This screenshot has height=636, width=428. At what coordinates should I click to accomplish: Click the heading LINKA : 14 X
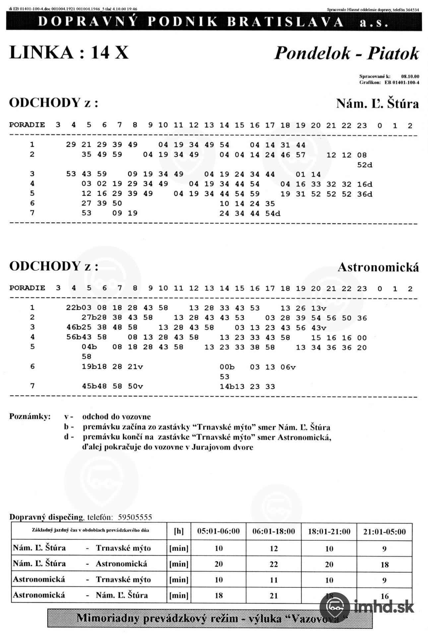click(x=69, y=52)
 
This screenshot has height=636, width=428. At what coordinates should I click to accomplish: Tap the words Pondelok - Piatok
click(x=346, y=53)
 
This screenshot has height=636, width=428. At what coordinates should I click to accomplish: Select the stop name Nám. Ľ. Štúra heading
click(x=377, y=104)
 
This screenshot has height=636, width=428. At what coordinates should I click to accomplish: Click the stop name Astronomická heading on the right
click(x=378, y=267)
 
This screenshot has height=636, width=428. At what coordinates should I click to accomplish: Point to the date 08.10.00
click(x=410, y=77)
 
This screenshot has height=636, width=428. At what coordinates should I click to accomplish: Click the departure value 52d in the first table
click(x=365, y=165)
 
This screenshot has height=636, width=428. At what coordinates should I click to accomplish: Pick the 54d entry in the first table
click(x=273, y=213)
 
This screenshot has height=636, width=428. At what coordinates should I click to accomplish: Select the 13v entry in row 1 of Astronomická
click(x=319, y=308)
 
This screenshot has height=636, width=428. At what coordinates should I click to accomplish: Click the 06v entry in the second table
click(x=288, y=367)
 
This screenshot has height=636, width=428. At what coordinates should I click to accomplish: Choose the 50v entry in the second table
click(x=135, y=386)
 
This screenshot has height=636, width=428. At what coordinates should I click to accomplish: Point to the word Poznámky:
click(x=30, y=416)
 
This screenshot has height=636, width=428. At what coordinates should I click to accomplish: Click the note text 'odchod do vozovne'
click(x=116, y=417)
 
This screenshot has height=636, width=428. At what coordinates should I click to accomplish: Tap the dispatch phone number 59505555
click(x=135, y=517)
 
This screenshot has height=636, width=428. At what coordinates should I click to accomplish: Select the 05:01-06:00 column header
click(x=218, y=532)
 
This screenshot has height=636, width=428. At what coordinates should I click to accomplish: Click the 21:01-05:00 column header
click(x=384, y=532)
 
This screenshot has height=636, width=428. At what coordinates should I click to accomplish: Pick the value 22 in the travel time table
click(x=274, y=564)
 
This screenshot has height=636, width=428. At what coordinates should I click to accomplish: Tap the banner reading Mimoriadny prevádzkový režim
click(x=210, y=618)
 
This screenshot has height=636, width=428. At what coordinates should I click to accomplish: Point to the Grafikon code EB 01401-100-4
click(x=401, y=82)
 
